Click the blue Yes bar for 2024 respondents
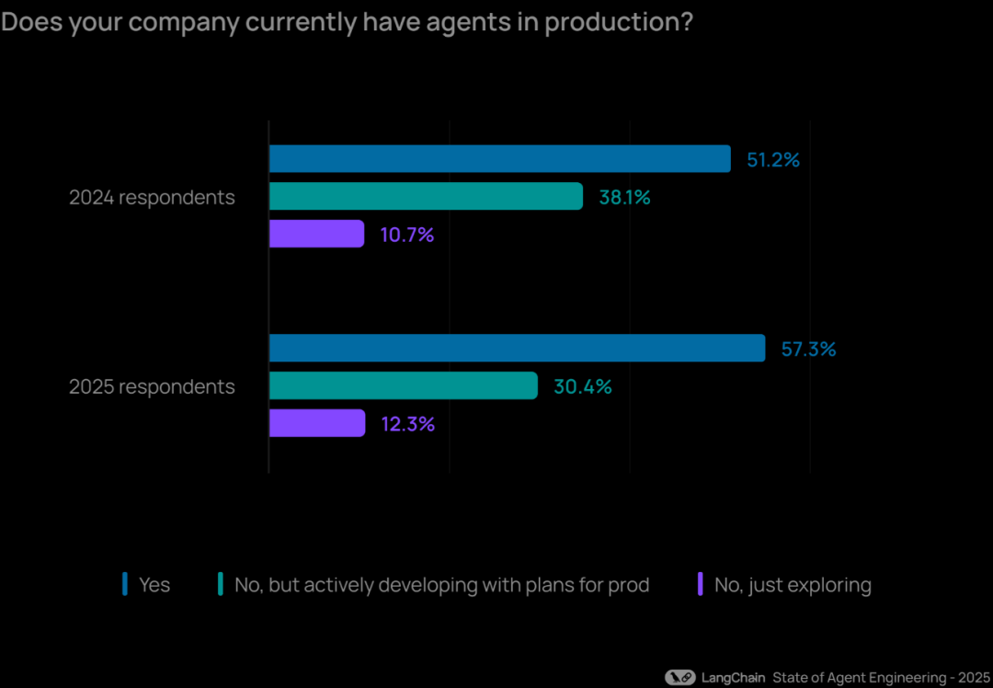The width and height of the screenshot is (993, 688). [499, 159]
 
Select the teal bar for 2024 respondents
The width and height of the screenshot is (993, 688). [426, 196]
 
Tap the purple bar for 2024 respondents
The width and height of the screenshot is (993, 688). [316, 234]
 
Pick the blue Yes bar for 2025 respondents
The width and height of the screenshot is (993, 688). [517, 349]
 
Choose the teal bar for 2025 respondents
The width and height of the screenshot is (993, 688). [403, 386]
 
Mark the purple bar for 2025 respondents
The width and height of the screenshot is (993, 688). [317, 423]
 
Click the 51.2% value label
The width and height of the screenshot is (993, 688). [772, 160]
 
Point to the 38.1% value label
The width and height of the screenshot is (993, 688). [624, 197]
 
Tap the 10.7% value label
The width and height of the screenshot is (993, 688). [406, 235]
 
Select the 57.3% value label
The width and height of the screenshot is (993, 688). [808, 350]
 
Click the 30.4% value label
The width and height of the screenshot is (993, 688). [582, 387]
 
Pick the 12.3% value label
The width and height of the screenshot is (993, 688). [407, 424]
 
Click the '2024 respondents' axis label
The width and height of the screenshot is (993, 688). [152, 198]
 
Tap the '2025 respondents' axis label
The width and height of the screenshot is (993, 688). [152, 387]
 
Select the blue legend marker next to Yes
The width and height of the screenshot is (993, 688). [125, 584]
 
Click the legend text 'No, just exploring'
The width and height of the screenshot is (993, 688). [793, 585]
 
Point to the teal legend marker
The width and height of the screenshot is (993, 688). [221, 584]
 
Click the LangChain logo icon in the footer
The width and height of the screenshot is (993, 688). [679, 678]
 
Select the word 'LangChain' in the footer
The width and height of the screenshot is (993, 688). [733, 678]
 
